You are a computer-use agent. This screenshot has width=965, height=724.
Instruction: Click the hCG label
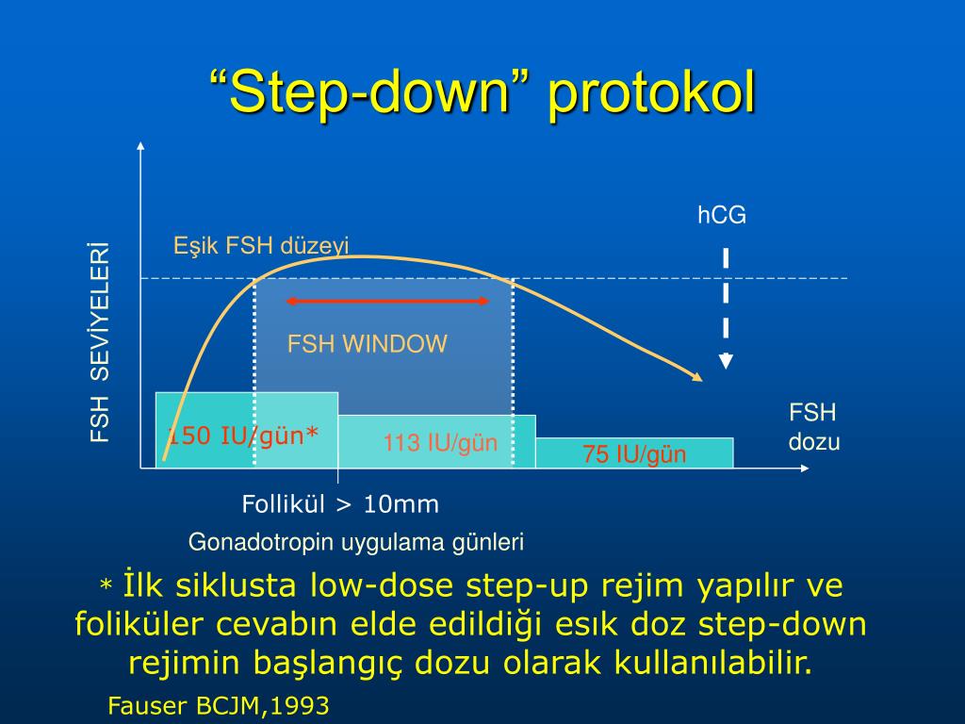click(x=722, y=216)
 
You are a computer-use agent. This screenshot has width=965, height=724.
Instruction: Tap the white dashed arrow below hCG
click(x=726, y=306)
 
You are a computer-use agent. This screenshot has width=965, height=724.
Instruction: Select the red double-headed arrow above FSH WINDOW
click(x=387, y=301)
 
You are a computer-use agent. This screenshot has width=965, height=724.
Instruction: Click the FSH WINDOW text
click(x=368, y=344)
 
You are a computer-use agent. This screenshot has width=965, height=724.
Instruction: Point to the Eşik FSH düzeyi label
click(x=261, y=246)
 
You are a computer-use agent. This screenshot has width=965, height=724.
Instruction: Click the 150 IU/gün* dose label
click(x=243, y=436)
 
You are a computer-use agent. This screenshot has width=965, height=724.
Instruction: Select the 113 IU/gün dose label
click(x=440, y=443)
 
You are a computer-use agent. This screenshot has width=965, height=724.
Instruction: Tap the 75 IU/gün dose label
click(x=634, y=454)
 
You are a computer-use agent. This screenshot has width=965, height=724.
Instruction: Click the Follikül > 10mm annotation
click(x=340, y=504)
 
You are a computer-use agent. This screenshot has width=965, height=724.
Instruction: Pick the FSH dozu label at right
click(x=813, y=427)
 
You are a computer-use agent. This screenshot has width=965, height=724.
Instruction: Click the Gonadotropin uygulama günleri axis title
click(x=356, y=542)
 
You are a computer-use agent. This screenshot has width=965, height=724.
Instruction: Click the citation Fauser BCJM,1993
click(x=219, y=706)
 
